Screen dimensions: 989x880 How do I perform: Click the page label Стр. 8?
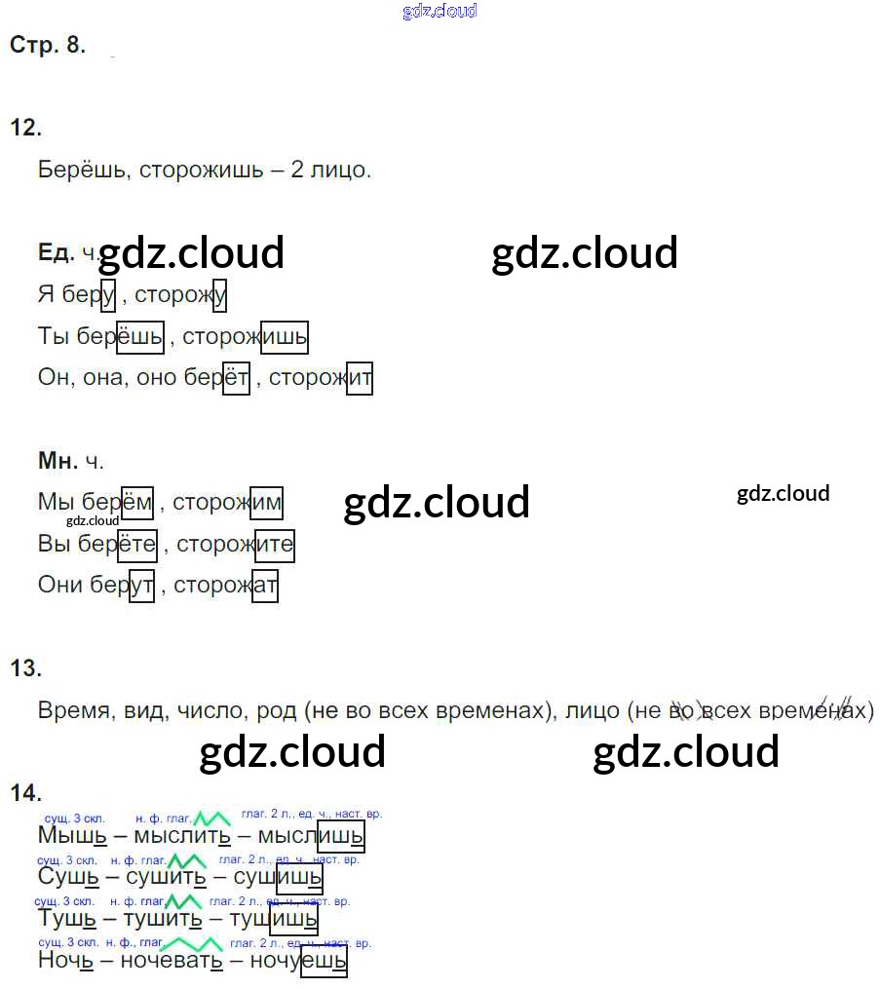pyautogui.click(x=47, y=45)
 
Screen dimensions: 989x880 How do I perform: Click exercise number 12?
pyautogui.click(x=25, y=127)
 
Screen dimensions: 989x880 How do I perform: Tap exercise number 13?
pyautogui.click(x=25, y=668)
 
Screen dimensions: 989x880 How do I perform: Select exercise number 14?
pyautogui.click(x=25, y=792)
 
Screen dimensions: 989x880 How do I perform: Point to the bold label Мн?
pyautogui.click(x=57, y=461)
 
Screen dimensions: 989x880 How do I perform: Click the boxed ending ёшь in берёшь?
pyautogui.click(x=140, y=337)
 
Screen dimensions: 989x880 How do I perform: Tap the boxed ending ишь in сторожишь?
pyautogui.click(x=285, y=337)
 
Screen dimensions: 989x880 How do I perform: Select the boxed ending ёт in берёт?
pyautogui.click(x=236, y=377)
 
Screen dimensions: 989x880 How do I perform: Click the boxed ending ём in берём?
pyautogui.click(x=136, y=503)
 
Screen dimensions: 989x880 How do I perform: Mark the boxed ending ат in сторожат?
pyautogui.click(x=265, y=586)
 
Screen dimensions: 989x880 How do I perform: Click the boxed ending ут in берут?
pyautogui.click(x=141, y=586)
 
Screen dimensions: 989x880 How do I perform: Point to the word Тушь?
pyautogui.click(x=66, y=919)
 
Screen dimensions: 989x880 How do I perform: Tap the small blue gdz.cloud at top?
pyautogui.click(x=440, y=11)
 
